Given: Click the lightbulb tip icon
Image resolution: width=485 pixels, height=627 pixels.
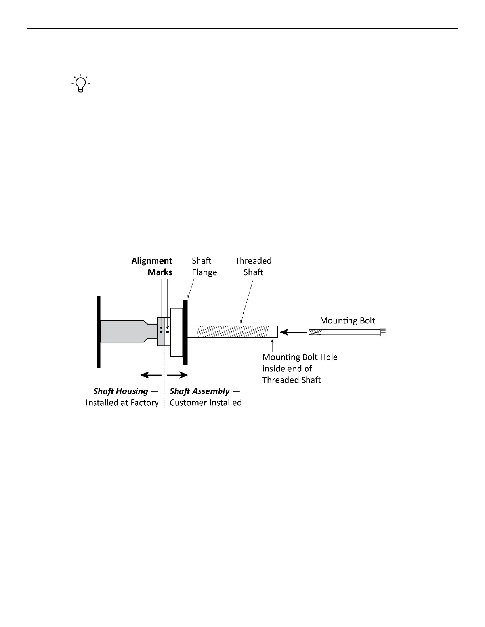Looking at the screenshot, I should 80,84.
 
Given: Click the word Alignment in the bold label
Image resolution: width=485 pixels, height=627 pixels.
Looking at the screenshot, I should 152,261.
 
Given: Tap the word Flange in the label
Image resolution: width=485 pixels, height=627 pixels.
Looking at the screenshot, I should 204,272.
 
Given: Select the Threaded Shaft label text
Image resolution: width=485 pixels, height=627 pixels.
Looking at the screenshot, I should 253,266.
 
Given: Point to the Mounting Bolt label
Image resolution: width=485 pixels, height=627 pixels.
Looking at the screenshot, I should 347,321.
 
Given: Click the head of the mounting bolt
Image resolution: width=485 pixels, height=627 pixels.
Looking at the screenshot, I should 383,332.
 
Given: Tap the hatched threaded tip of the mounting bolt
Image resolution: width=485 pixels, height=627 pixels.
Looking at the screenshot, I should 315,332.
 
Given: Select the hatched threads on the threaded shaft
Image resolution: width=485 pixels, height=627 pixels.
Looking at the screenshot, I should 233,332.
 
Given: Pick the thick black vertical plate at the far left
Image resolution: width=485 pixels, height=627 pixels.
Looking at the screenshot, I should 99,332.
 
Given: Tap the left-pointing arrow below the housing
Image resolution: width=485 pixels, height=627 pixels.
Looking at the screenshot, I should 151,375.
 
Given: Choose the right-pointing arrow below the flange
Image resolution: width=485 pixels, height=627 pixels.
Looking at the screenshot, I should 177,375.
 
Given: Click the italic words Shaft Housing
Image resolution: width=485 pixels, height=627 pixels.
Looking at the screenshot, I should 121,391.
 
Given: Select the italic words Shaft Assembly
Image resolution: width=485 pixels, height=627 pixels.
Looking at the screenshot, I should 200,391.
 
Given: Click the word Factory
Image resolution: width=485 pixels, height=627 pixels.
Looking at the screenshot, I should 145,403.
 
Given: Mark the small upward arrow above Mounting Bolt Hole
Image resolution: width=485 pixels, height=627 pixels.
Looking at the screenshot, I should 272,344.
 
